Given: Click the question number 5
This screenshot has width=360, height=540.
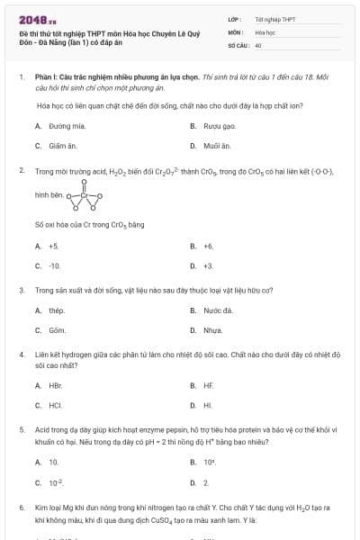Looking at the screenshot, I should (21, 429).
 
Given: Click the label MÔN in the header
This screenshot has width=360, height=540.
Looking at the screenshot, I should (235, 31).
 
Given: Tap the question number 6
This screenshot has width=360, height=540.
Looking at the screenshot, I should (21, 508).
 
